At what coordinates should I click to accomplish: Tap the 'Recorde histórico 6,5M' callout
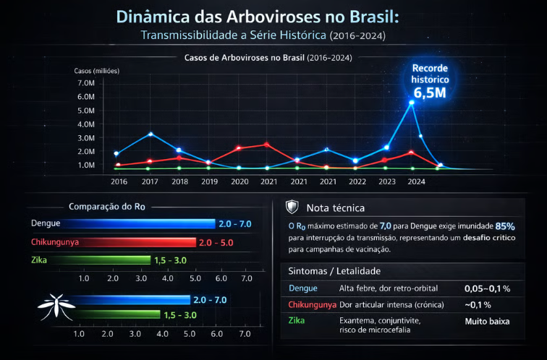click(x=431, y=80)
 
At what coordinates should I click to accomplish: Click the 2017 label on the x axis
click(x=150, y=181)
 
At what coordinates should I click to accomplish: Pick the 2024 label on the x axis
click(x=416, y=181)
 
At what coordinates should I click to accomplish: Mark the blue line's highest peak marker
click(x=412, y=103)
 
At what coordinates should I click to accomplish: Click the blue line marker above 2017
click(x=150, y=134)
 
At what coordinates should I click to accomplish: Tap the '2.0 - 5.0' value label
click(x=215, y=241)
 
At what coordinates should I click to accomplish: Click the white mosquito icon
click(x=52, y=307)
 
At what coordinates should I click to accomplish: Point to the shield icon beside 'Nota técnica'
click(x=292, y=207)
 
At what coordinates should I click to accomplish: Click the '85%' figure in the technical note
click(x=505, y=226)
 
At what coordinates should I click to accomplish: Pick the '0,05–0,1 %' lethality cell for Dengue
click(x=488, y=288)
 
